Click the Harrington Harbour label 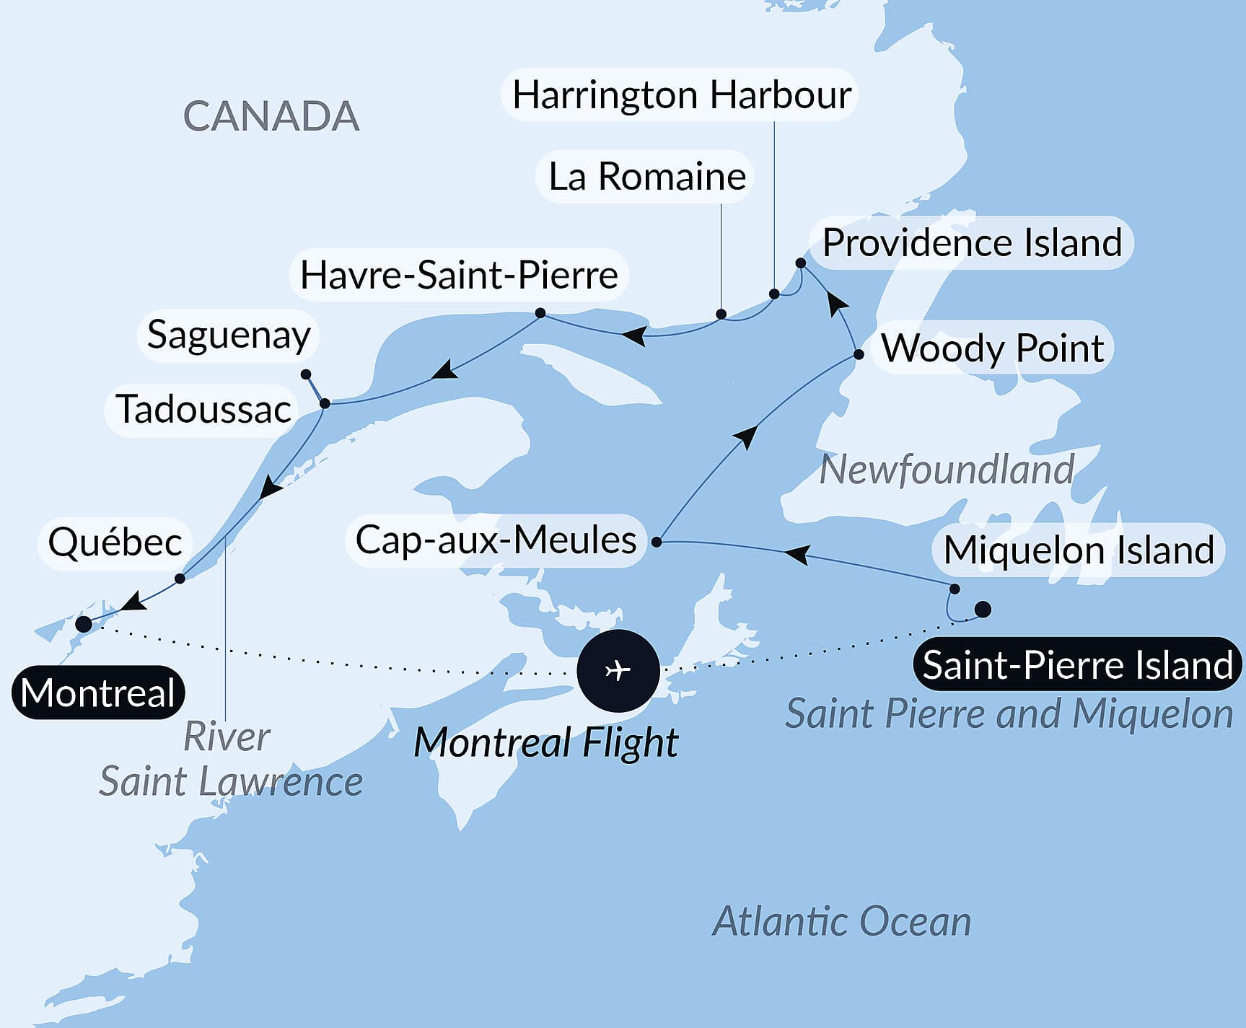(x=681, y=95)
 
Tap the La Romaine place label (x=646, y=177)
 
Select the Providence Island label (x=972, y=242)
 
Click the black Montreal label (x=98, y=693)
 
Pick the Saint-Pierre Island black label (x=1077, y=664)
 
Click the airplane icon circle (x=618, y=670)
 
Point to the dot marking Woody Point (x=859, y=354)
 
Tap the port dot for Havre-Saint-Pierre (x=540, y=313)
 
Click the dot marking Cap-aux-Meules (x=657, y=541)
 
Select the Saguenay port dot (x=306, y=374)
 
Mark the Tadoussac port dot (x=325, y=403)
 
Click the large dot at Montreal (x=84, y=624)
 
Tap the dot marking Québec (x=180, y=579)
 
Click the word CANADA (x=271, y=116)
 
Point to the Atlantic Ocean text (x=841, y=921)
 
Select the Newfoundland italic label (x=947, y=470)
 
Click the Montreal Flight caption (x=546, y=742)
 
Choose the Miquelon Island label (x=1079, y=550)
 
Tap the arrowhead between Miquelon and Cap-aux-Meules (x=796, y=554)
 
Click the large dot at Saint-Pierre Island (x=983, y=610)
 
